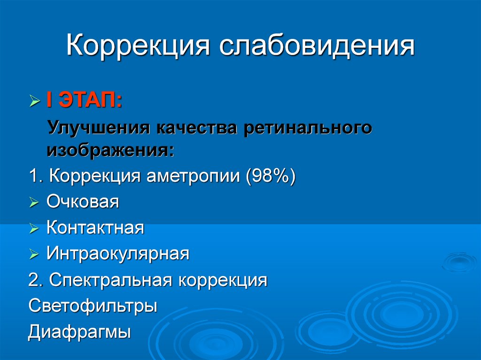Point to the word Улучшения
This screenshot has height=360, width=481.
(x=99, y=128)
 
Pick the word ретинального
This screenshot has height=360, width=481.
(x=308, y=128)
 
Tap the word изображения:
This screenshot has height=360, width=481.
(x=110, y=151)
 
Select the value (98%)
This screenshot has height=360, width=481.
(x=271, y=176)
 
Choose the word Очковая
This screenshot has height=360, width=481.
(x=83, y=202)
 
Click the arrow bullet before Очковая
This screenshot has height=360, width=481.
(x=34, y=202)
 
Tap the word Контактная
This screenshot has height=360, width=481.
(x=95, y=228)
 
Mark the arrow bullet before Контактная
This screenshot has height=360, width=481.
(x=34, y=228)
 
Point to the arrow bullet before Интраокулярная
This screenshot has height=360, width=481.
(x=34, y=254)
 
